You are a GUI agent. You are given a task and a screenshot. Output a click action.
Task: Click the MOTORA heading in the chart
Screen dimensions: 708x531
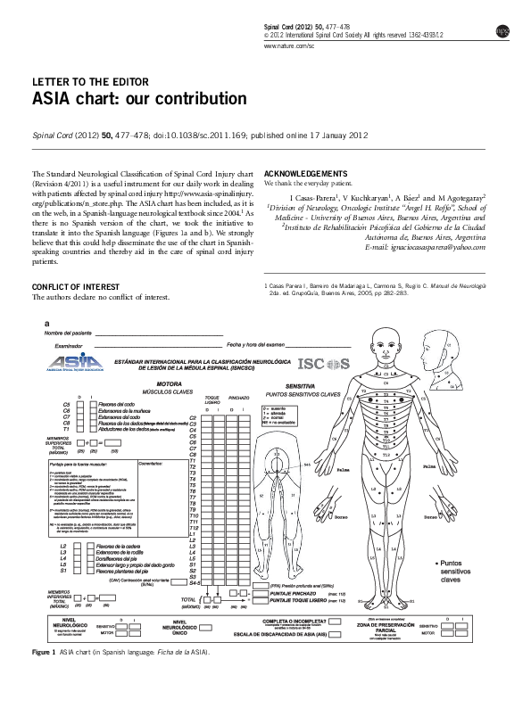(x=157, y=383)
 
